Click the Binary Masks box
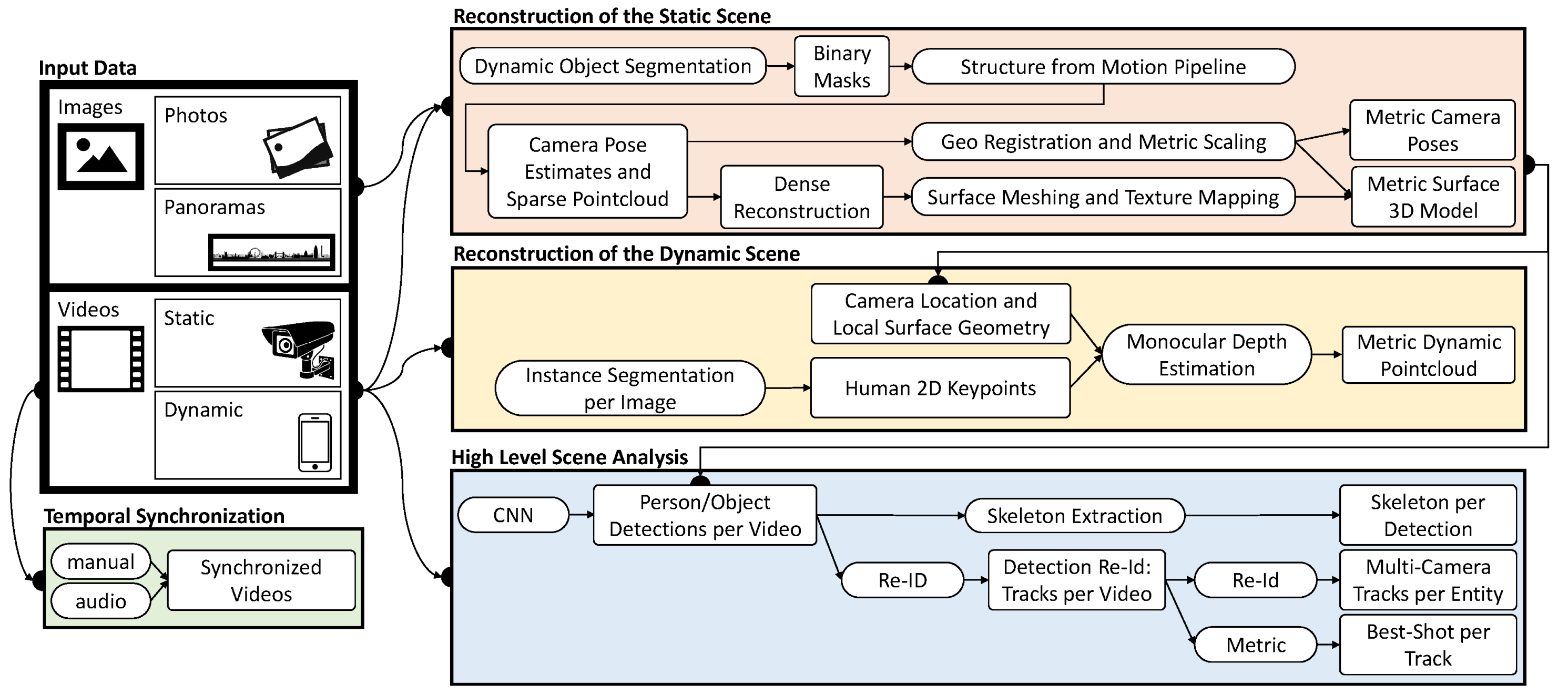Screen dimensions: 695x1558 click(841, 67)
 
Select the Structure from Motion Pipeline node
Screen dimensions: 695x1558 click(1103, 67)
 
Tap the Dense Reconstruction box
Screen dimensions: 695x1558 click(801, 197)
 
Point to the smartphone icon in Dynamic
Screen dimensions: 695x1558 click(314, 442)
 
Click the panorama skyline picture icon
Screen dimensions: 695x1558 click(271, 252)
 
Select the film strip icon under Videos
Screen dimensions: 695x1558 click(100, 359)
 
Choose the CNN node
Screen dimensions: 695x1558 click(513, 515)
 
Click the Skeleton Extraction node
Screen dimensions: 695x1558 click(1074, 516)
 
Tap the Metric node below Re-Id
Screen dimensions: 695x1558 click(1256, 645)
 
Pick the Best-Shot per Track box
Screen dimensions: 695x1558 click(1428, 645)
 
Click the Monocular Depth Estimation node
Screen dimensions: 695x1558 click(1206, 355)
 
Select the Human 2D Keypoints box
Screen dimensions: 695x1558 click(940, 388)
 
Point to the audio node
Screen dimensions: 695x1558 click(100, 601)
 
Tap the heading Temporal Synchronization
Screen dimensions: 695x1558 click(164, 516)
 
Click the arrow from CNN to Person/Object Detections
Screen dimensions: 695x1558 click(581, 515)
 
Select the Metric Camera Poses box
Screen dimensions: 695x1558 click(1432, 130)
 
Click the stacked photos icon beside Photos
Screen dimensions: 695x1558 click(298, 148)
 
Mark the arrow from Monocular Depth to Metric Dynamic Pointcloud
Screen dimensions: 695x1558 click(1326, 354)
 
